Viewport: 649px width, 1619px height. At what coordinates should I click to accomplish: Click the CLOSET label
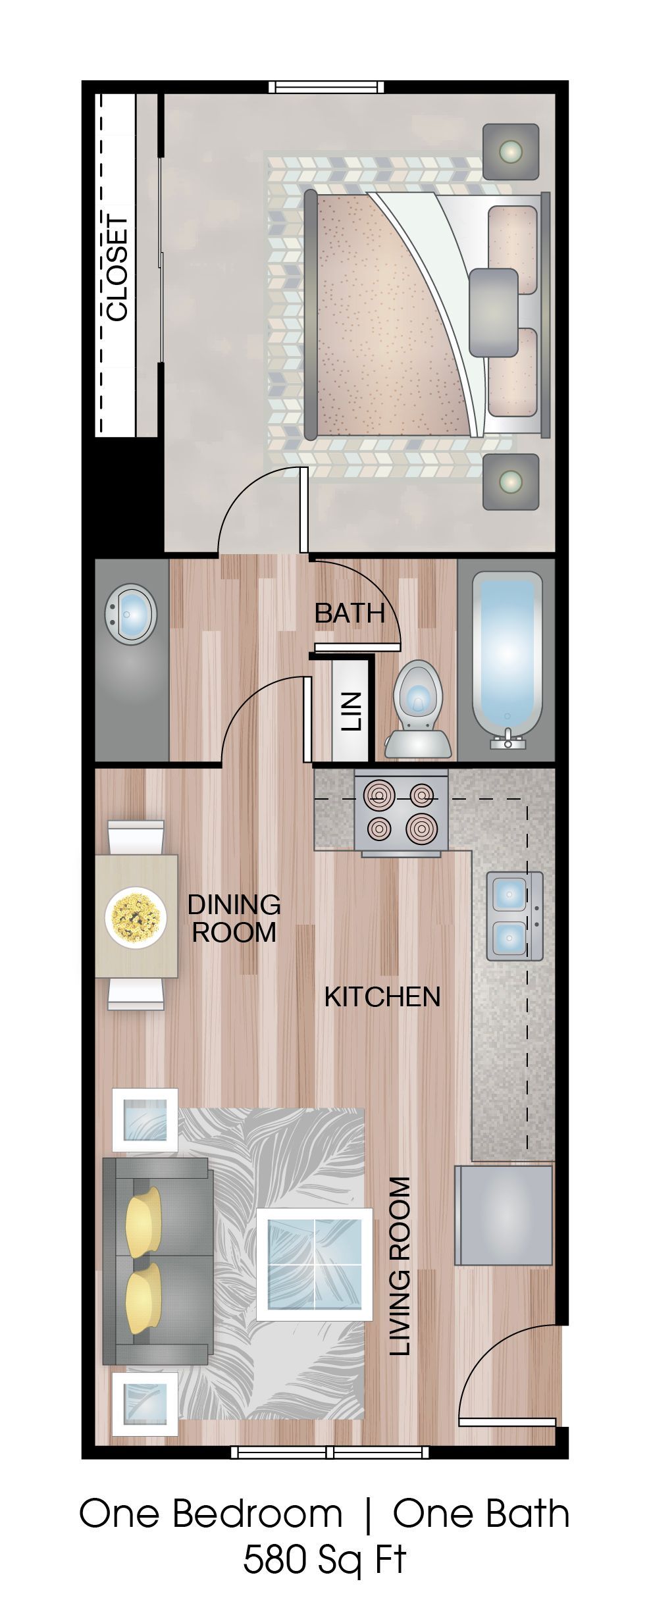[117, 269]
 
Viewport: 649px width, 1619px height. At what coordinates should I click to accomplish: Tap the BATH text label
[350, 613]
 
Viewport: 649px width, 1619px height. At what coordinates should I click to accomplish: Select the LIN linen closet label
[351, 711]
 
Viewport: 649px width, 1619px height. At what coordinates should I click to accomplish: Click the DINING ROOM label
[234, 918]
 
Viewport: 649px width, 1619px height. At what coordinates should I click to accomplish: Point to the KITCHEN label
[382, 996]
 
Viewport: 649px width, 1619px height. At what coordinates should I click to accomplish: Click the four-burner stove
[401, 813]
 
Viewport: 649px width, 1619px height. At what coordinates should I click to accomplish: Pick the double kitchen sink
[514, 915]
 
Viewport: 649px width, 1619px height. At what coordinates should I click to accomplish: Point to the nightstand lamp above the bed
[511, 152]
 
